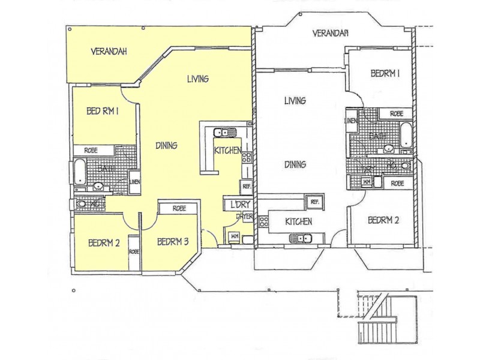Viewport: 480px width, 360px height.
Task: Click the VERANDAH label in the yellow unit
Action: tap(109, 51)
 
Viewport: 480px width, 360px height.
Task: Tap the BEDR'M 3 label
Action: tap(173, 242)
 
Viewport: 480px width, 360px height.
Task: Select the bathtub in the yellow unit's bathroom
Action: tap(80, 172)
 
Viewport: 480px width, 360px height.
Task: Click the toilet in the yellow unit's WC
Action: tap(82, 204)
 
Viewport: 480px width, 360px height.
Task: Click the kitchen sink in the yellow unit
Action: tap(220, 132)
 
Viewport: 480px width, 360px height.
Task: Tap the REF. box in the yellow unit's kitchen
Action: tap(246, 186)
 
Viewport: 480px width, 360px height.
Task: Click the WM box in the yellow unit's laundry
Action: tap(233, 236)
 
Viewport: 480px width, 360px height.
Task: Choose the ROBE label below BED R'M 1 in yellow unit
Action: tap(91, 150)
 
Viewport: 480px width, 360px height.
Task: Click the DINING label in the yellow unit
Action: tap(166, 145)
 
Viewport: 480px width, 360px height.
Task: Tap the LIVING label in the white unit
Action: tap(295, 101)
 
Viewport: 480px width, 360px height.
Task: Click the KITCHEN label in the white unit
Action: tap(298, 221)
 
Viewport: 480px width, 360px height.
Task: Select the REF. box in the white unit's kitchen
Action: tap(314, 202)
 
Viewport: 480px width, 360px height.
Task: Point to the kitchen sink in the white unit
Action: tap(302, 239)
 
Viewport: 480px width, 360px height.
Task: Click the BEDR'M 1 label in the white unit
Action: tap(385, 74)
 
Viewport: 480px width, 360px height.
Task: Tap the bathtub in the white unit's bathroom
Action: tap(406, 134)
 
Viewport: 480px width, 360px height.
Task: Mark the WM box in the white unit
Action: tap(367, 182)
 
